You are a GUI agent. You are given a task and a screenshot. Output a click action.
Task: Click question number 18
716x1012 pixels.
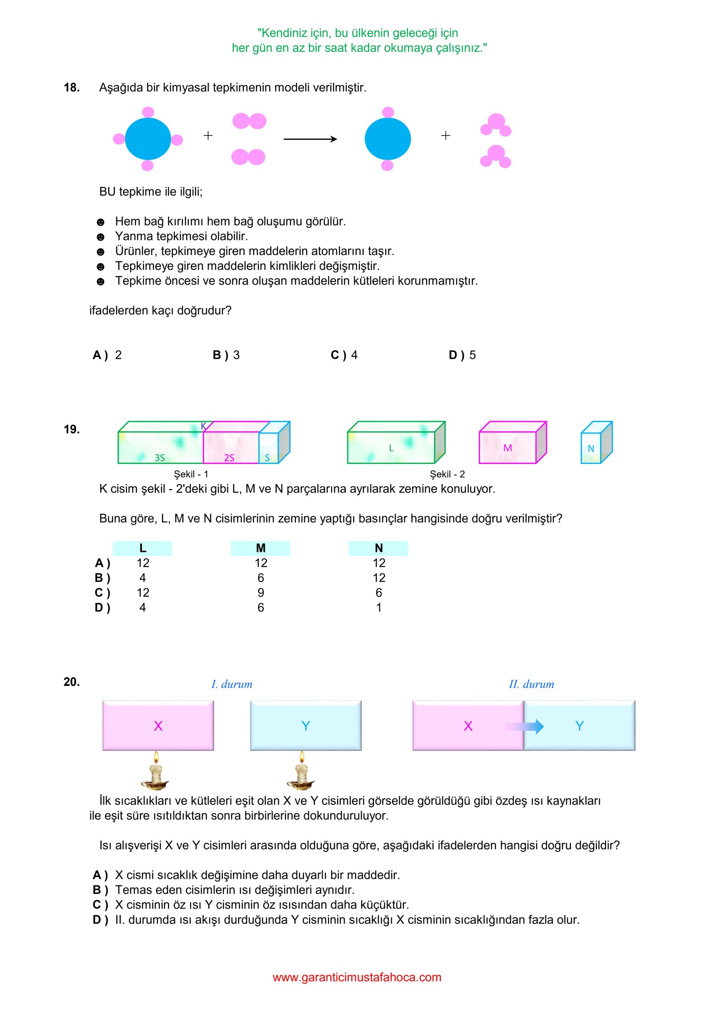(72, 88)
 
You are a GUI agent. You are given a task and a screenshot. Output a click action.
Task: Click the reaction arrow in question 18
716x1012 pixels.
(310, 139)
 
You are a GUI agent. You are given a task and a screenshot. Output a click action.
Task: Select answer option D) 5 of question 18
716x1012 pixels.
(462, 355)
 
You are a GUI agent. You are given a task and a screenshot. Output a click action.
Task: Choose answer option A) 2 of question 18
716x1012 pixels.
(107, 355)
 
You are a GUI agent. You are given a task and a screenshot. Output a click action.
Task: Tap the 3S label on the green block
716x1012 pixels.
(160, 458)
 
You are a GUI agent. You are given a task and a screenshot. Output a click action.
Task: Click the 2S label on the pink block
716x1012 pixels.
(229, 458)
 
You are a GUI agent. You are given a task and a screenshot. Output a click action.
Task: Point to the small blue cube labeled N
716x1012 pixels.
(595, 443)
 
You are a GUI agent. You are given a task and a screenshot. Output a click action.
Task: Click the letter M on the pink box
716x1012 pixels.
(507, 448)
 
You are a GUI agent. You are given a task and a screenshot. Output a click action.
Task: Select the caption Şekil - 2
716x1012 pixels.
(447, 474)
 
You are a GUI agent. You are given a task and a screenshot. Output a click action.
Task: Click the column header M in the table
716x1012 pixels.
(260, 548)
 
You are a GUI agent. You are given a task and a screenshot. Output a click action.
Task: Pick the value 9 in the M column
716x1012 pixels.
(260, 593)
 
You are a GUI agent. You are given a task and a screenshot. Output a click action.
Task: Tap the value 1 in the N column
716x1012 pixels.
(379, 608)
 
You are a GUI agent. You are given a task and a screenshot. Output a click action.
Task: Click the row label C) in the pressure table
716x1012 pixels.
(102, 593)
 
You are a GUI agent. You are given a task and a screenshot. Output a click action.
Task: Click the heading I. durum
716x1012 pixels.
(232, 684)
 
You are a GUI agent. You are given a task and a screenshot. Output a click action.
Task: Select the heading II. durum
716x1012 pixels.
(531, 684)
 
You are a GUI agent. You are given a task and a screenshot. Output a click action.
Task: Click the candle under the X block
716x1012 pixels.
(155, 771)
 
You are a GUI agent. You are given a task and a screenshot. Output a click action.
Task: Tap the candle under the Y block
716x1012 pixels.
(301, 771)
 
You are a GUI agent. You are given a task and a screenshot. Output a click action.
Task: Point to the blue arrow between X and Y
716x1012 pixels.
(524, 726)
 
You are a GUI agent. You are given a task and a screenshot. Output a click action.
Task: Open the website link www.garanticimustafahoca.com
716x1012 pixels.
(357, 978)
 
